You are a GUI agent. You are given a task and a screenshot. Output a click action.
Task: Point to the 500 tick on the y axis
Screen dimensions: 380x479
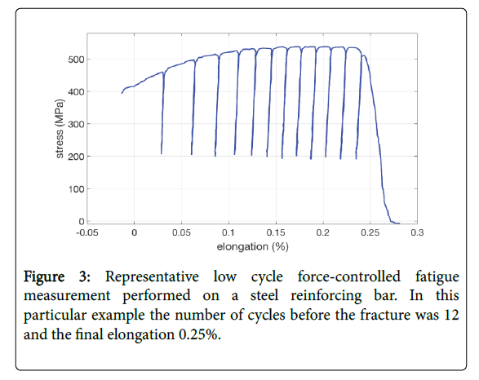pos(76,60)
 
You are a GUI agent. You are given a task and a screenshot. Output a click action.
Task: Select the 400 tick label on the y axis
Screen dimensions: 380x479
pos(76,91)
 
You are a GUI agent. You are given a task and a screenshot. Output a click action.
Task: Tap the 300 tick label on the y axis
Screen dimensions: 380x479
pos(76,124)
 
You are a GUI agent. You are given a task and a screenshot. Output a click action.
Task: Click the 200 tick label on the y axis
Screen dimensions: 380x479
pos(76,157)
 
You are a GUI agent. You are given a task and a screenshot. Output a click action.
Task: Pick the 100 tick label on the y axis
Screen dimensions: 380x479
pos(76,189)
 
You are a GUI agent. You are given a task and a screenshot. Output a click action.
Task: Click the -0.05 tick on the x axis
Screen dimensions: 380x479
pos(86,232)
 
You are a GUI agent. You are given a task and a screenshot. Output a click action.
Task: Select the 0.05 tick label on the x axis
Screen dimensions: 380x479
pos(181,232)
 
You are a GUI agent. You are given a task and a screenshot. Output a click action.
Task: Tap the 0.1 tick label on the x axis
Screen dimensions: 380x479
pos(228,232)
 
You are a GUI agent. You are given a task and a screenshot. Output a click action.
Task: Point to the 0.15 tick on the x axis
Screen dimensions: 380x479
pos(276,232)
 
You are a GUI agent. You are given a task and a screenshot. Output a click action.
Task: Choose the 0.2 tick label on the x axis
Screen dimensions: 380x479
pos(323,232)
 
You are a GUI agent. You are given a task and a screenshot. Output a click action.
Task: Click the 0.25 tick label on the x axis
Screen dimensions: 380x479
pos(370,232)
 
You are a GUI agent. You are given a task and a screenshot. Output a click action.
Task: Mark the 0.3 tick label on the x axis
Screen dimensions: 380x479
pos(417,232)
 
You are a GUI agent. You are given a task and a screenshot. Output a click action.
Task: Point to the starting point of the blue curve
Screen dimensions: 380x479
pos(122,93)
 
